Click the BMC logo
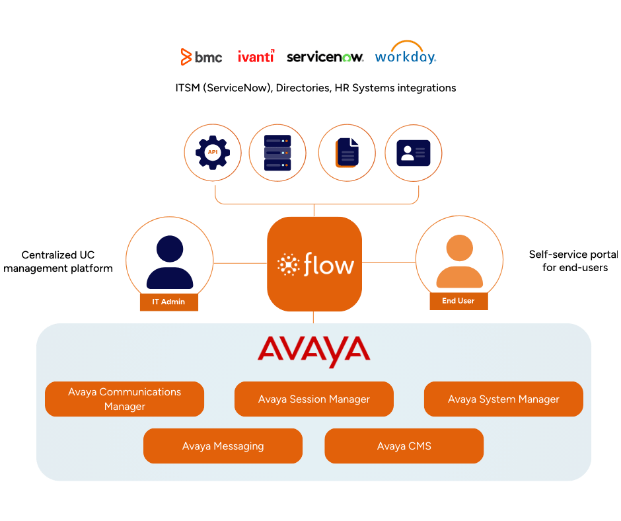coord(201,58)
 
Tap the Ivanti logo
coord(256,57)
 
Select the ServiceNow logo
coord(324,58)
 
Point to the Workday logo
coord(405,57)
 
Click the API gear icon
coord(213,153)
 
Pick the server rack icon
coord(277,153)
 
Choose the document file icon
coord(347,153)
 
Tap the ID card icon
coord(414,153)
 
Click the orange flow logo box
coord(314,265)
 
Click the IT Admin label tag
coord(169,301)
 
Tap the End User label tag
coord(458,301)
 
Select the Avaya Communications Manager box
coord(124,399)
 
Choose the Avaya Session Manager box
coord(314,399)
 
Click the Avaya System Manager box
coord(503,399)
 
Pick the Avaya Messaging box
coord(223,446)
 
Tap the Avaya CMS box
coord(404,446)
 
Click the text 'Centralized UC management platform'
coord(58,262)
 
